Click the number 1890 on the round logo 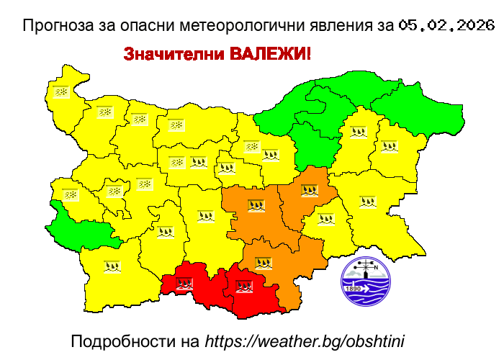point(354,289)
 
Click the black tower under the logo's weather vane point(366,271)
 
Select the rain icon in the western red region point(184,284)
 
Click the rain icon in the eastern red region point(244,286)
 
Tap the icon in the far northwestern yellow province point(62,92)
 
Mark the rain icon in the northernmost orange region point(310,191)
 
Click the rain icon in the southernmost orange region point(264,263)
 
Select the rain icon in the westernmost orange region point(256,205)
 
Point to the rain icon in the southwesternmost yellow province point(111,266)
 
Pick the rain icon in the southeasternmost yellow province point(368,202)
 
